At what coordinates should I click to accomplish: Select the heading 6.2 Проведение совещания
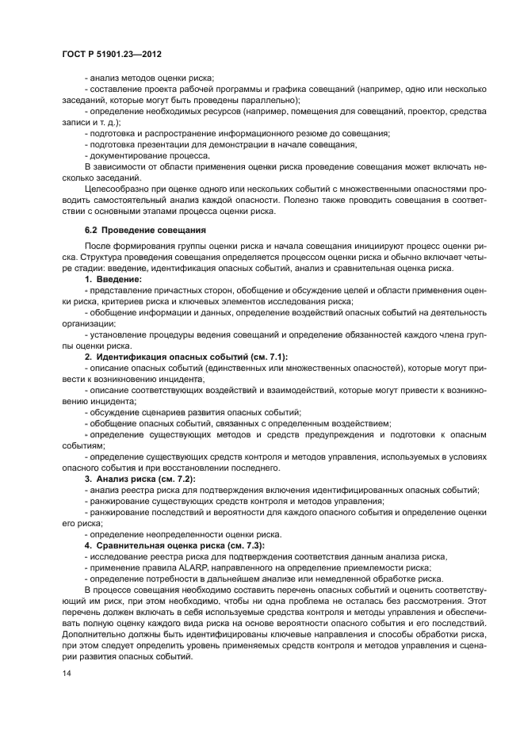pos(134,230)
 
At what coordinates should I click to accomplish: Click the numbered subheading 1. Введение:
pos(113,280)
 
